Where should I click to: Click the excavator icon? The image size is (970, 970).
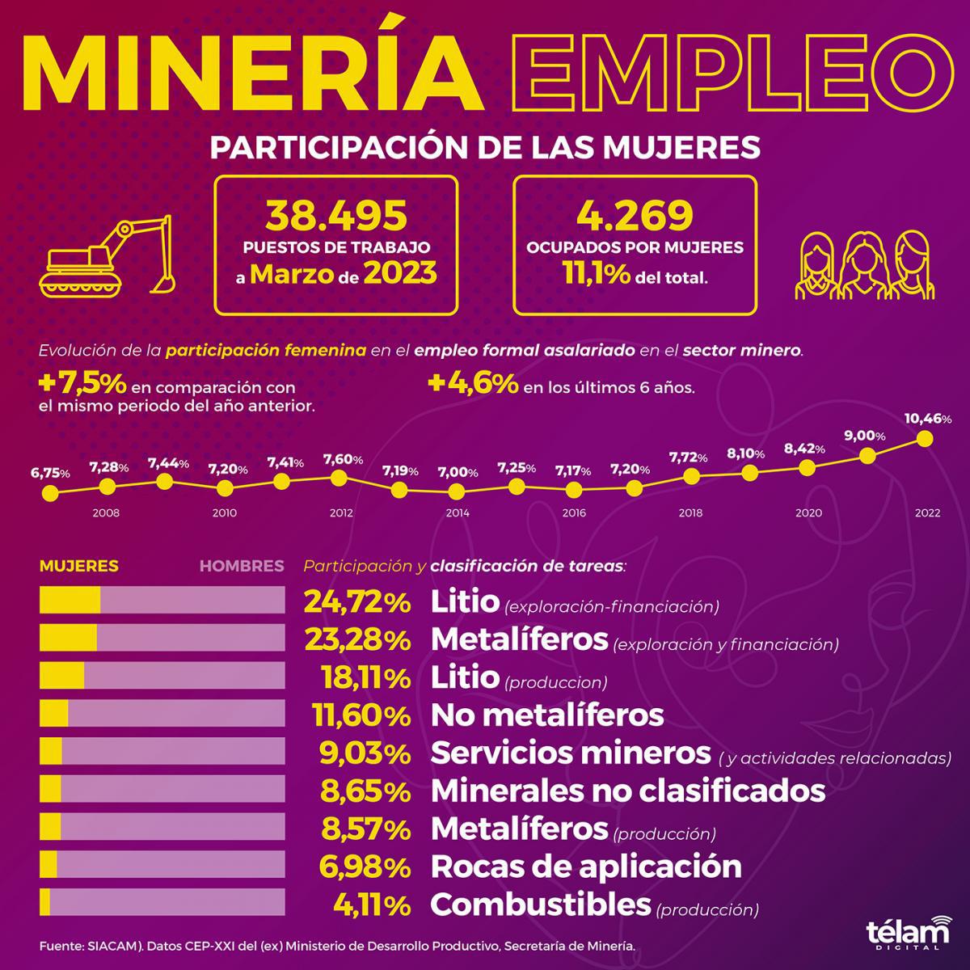click(x=107, y=255)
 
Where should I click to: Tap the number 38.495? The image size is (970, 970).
click(x=336, y=215)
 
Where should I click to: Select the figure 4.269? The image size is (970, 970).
click(x=635, y=215)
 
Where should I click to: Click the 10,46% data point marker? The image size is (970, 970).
click(x=926, y=439)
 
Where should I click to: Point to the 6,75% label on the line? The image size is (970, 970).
click(x=50, y=473)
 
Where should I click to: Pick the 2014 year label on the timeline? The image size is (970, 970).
click(x=458, y=512)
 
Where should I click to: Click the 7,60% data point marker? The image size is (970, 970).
click(x=339, y=478)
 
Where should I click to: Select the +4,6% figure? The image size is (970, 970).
click(x=473, y=385)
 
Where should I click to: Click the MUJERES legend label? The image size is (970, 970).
click(x=79, y=566)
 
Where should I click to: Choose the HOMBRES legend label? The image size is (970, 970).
click(x=242, y=566)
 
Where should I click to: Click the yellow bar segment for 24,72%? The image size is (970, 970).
click(x=70, y=601)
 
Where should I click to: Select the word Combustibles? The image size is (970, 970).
click(x=540, y=904)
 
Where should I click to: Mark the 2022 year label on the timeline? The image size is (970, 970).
click(x=927, y=512)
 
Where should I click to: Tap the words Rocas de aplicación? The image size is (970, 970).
click(x=586, y=867)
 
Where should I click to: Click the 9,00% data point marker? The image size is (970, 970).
click(x=867, y=456)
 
